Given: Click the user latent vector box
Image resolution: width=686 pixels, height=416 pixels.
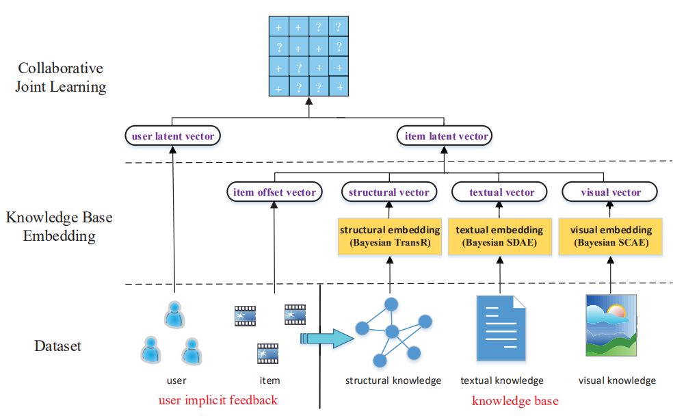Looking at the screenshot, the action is coord(173,135).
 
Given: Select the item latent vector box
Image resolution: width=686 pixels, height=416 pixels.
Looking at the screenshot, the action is coord(445,135).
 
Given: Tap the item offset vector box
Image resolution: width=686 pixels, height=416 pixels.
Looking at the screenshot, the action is coord(274,192).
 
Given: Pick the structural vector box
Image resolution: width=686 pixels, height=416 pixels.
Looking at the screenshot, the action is coord(389,192).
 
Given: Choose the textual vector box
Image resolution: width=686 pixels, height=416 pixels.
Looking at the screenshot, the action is coord(499,192).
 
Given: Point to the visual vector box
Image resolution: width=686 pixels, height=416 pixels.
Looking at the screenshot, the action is coord(609,192).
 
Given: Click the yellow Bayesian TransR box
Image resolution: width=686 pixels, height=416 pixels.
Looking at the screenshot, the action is coord(390,237).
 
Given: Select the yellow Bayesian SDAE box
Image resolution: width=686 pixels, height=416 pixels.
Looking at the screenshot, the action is coord(500,237).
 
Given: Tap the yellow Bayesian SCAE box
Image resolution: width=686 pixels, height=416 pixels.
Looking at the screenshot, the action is coord(611,237).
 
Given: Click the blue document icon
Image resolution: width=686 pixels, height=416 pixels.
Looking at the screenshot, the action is coord(501,328).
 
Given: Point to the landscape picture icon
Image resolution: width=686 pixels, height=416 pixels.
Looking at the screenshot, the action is coord(611,326).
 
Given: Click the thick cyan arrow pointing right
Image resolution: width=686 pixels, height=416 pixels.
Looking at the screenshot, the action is coord(327,339).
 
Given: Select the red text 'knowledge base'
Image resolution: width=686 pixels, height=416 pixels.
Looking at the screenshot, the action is coord(516,401).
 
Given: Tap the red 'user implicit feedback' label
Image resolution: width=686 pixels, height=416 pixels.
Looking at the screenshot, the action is coord(218,400).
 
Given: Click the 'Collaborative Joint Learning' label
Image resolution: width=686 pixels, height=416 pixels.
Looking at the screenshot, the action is coord(61,77).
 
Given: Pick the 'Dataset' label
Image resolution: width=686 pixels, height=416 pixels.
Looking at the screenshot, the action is coord(57,346).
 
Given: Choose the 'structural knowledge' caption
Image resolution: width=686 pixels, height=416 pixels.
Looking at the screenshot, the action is coord(393,380).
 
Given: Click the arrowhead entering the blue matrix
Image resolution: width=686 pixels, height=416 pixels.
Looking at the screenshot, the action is coord(309,101).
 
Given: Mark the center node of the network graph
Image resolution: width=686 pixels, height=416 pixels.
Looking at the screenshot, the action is coord(392,331).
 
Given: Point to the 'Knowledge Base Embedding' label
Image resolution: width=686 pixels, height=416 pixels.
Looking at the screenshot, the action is coord(59,226).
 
